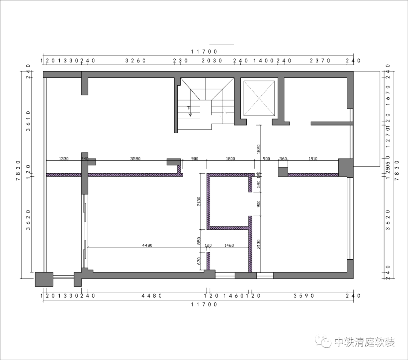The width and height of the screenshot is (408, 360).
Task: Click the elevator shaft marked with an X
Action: pyautogui.click(x=259, y=98)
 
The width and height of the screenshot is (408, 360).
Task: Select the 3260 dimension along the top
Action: pyautogui.click(x=136, y=60)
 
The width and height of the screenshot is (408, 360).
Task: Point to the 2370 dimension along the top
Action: pyautogui.click(x=320, y=60)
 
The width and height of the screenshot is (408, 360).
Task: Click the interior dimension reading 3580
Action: pyautogui.click(x=135, y=159)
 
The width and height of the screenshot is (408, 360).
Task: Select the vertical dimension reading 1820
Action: pyautogui.click(x=258, y=149)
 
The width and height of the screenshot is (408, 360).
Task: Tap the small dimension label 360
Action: pyautogui.click(x=283, y=159)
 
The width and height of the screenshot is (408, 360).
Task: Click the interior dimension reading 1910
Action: pyautogui.click(x=313, y=159)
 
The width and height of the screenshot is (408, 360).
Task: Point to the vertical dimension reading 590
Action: pyautogui.click(x=258, y=185)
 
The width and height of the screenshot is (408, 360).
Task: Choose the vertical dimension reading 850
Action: pyautogui.click(x=199, y=241)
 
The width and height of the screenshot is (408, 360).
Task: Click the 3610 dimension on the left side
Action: pyautogui.click(x=28, y=121)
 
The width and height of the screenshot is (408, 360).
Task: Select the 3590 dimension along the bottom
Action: pyautogui.click(x=304, y=296)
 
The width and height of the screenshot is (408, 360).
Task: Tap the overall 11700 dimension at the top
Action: pyautogui.click(x=204, y=52)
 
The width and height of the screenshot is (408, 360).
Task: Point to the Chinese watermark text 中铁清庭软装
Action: pyautogui.click(x=365, y=342)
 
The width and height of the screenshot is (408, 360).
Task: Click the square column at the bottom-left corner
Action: pyautogui.click(x=44, y=279)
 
